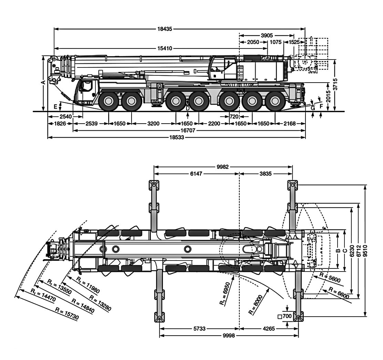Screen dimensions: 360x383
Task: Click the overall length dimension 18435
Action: point(179,29)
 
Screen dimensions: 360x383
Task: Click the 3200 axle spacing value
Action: point(153,124)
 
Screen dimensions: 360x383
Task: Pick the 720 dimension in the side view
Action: point(234,117)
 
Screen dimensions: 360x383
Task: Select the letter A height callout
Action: point(43,83)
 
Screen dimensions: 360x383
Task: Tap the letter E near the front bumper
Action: point(55,106)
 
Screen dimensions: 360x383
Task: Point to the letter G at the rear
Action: point(313,108)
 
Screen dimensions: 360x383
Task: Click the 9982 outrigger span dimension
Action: point(223,167)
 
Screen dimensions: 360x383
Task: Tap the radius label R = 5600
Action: point(330,277)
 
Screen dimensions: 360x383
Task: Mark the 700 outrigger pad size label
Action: point(287,316)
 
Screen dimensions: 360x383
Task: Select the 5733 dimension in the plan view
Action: point(199,329)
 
